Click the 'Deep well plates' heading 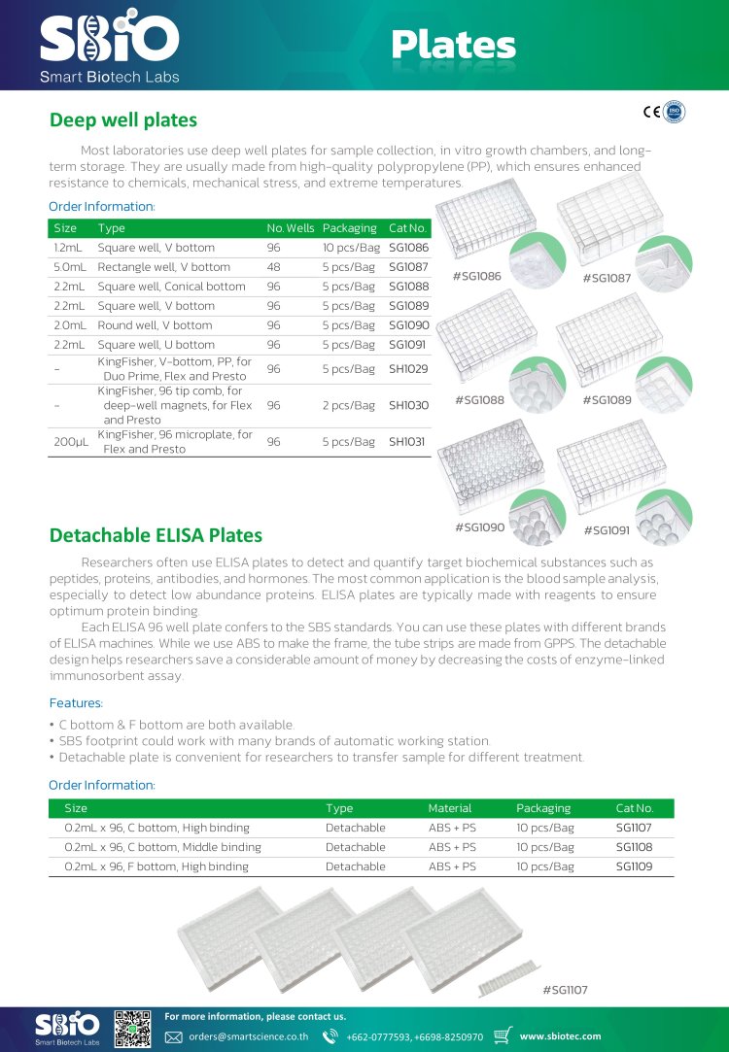[x=123, y=120]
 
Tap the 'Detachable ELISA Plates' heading [x=156, y=535]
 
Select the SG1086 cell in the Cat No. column [x=408, y=248]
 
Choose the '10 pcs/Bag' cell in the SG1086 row [x=351, y=248]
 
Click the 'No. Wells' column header [x=291, y=228]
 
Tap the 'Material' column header [x=450, y=808]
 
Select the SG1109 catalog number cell [x=634, y=866]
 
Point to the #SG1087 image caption [x=607, y=279]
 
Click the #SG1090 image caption [x=479, y=527]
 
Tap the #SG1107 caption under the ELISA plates [x=565, y=990]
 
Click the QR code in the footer [x=133, y=1029]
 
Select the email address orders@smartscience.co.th [x=249, y=1036]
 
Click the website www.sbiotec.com [x=561, y=1036]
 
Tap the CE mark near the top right [x=651, y=112]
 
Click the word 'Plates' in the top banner [x=454, y=44]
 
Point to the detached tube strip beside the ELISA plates [x=506, y=976]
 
